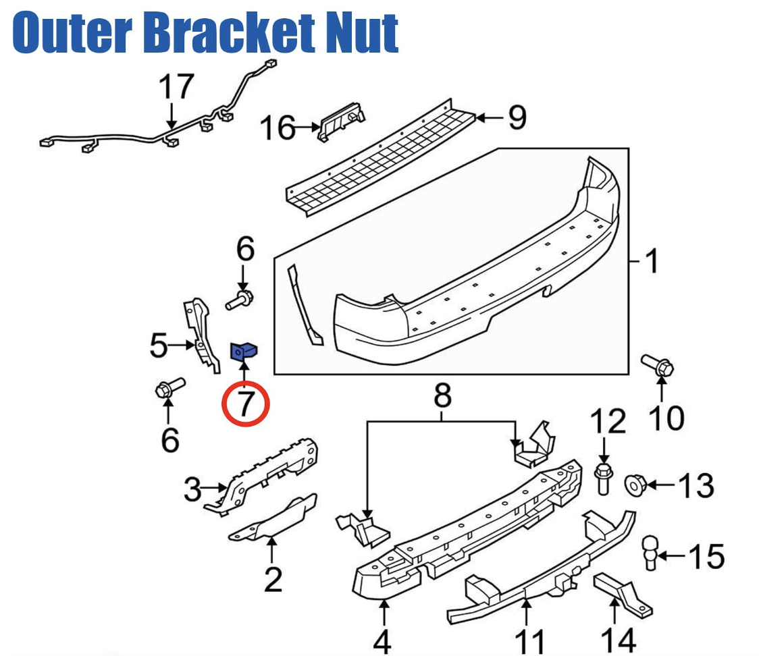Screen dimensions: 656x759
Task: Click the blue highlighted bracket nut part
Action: pos(244,352)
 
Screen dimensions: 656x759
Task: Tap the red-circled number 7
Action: pos(246,404)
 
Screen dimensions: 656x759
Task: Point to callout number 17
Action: pos(176,87)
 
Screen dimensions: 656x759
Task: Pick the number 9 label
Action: pos(517,119)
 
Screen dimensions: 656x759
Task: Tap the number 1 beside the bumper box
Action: pos(651,261)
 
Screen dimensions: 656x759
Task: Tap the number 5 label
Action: pos(159,346)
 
